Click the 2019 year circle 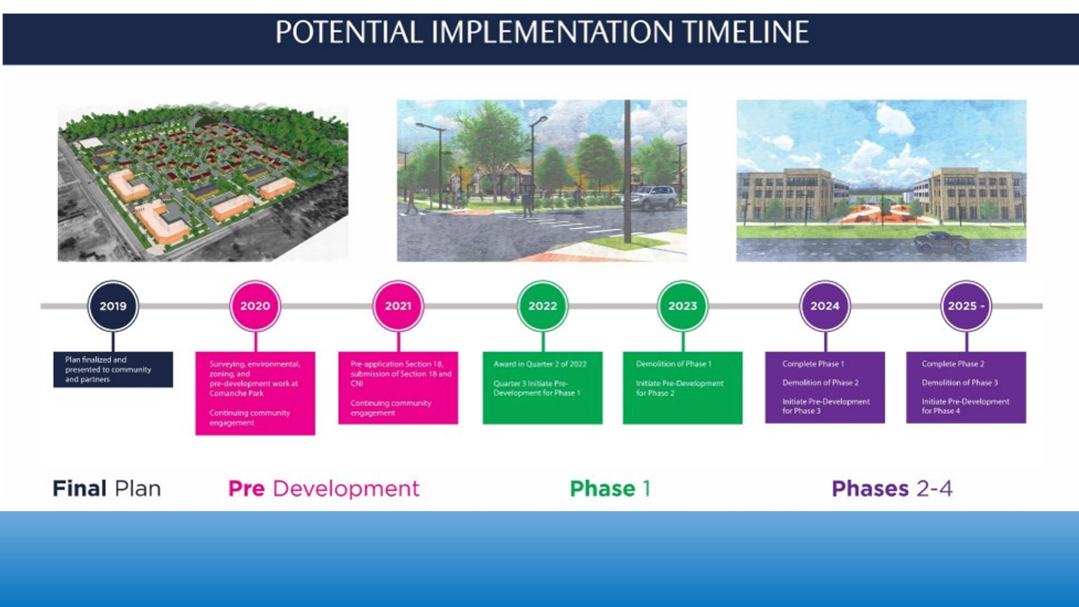pos(113,306)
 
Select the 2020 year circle pos(255,306)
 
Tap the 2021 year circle pos(398,306)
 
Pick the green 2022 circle pos(543,306)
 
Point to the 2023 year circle pos(682,306)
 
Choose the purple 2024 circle pos(825,306)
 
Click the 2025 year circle pos(966,306)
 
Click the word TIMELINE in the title pos(746,33)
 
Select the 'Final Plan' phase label pos(107,488)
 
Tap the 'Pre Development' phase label pos(323,488)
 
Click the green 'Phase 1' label pos(610,488)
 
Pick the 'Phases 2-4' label pos(892,488)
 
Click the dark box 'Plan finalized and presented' pos(113,370)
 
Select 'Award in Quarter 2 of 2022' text pos(540,364)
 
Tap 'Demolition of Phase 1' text pos(673,364)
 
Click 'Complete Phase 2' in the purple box pos(953,364)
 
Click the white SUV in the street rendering pos(655,197)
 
